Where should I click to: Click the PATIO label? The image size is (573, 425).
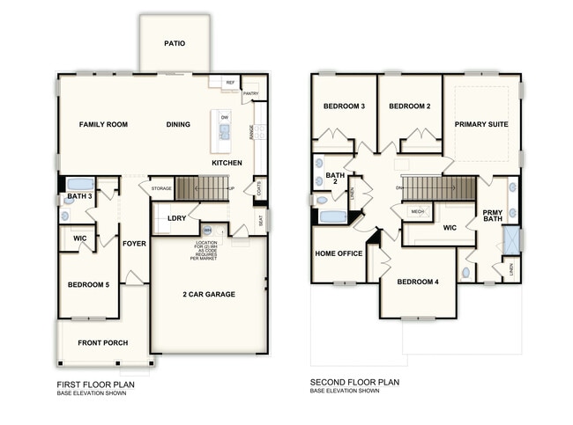[175, 43]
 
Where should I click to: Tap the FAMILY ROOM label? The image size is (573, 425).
[103, 125]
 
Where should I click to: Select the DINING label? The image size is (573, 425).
[178, 125]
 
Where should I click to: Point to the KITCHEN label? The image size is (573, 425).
[227, 164]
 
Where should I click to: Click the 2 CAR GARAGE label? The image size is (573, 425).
[209, 294]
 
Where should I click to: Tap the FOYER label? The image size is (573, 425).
[134, 244]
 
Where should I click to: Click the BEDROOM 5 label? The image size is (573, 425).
[89, 284]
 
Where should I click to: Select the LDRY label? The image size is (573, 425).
[175, 218]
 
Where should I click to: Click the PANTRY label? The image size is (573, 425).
[250, 93]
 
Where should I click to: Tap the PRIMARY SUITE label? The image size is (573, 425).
[480, 125]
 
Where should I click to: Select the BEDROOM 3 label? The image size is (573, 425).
[344, 106]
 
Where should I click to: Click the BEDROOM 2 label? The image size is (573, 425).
[410, 106]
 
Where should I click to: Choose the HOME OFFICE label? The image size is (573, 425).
[339, 254]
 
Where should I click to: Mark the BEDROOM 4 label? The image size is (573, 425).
[418, 282]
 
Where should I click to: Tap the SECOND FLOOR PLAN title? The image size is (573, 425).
[354, 383]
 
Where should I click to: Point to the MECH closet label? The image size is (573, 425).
[416, 211]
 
